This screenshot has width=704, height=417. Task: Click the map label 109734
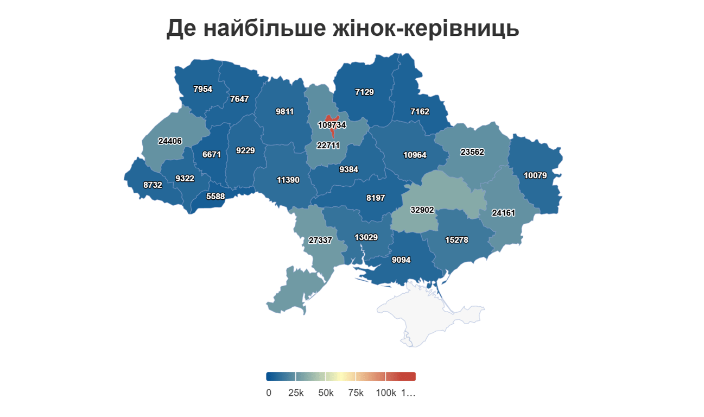pyautogui.click(x=332, y=125)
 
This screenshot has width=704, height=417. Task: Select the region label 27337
pyautogui.click(x=320, y=240)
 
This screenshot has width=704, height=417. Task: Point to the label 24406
pyautogui.click(x=170, y=141)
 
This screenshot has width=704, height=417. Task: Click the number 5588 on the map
pyautogui.click(x=215, y=197)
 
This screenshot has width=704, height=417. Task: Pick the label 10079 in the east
pyautogui.click(x=535, y=175)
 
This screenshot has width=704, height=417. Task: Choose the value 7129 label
pyautogui.click(x=364, y=92)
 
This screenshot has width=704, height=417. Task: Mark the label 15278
pyautogui.click(x=456, y=239)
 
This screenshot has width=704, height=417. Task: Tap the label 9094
pyautogui.click(x=401, y=260)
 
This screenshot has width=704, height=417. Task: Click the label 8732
pyautogui.click(x=153, y=185)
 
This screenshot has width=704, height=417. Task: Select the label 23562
pyautogui.click(x=472, y=153)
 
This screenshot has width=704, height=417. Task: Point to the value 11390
pyautogui.click(x=288, y=180)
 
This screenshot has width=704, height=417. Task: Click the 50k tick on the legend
pyautogui.click(x=326, y=393)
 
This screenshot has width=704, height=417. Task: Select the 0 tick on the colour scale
pyautogui.click(x=269, y=393)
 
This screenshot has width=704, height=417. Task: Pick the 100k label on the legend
pyautogui.click(x=385, y=393)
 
